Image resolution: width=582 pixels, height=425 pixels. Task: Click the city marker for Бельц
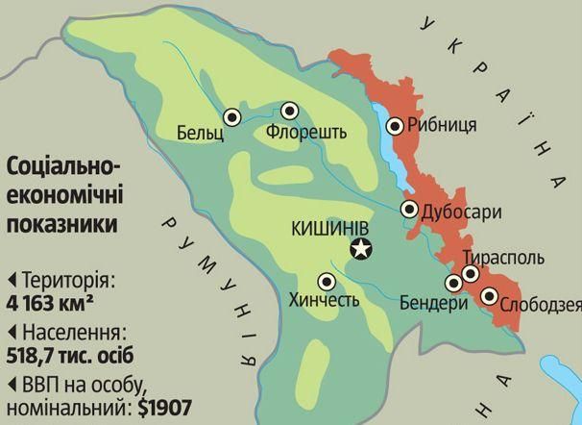[x=231, y=117]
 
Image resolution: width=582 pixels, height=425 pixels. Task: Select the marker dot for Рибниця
[x=395, y=125]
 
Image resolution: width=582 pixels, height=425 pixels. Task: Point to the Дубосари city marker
[x=410, y=210]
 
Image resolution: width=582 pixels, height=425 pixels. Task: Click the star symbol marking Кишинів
[x=361, y=250]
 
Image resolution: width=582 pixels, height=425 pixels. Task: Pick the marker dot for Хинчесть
[x=327, y=282]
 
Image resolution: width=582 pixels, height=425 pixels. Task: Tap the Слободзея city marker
[x=490, y=296]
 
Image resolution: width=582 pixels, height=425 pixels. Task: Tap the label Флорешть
[x=306, y=132]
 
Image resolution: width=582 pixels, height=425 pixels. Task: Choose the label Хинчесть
[x=325, y=301]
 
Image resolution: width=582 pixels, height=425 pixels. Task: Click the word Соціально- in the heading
[x=62, y=165]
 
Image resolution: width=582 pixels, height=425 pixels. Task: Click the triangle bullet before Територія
[x=12, y=281]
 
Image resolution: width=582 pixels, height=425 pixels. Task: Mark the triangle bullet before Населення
[x=12, y=333]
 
